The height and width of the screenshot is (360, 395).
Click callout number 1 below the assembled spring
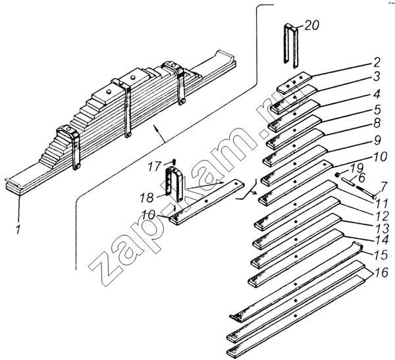(18, 229)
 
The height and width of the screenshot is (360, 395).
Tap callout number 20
(311, 26)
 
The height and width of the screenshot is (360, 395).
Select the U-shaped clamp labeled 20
(291, 45)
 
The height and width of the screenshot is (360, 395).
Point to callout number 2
(377, 63)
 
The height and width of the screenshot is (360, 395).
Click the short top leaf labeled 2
(294, 83)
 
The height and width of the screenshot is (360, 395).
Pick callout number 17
(154, 167)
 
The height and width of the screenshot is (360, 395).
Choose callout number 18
(147, 197)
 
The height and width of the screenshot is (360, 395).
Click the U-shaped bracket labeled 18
(174, 184)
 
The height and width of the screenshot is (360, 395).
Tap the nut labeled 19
(338, 174)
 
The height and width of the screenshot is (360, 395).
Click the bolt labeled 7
(365, 191)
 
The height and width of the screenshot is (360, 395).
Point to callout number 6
(361, 178)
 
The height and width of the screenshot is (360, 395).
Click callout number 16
(381, 272)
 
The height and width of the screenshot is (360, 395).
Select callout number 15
(381, 255)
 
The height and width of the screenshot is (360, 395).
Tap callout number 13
(382, 229)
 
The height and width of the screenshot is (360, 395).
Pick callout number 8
(377, 124)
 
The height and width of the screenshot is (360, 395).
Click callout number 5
(377, 110)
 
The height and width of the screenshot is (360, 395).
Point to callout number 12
(382, 216)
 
